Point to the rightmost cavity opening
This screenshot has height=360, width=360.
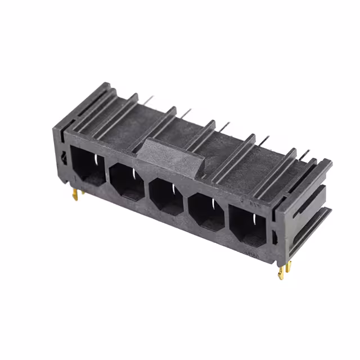pos(248,226)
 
